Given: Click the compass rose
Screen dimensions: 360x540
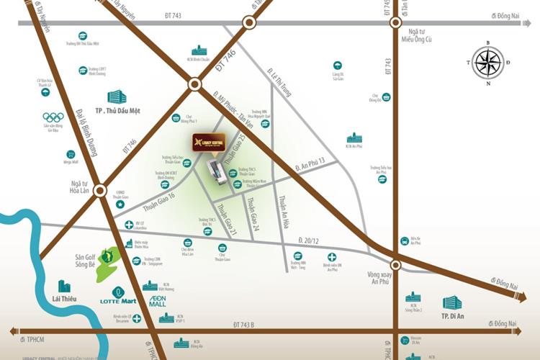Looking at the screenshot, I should pyautogui.click(x=488, y=63).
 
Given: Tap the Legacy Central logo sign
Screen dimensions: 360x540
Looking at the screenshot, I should pyautogui.click(x=209, y=142).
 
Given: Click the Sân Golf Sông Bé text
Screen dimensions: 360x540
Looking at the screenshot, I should pyautogui.click(x=85, y=261).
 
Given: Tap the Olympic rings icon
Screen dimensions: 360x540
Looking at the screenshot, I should pyautogui.click(x=53, y=117).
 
